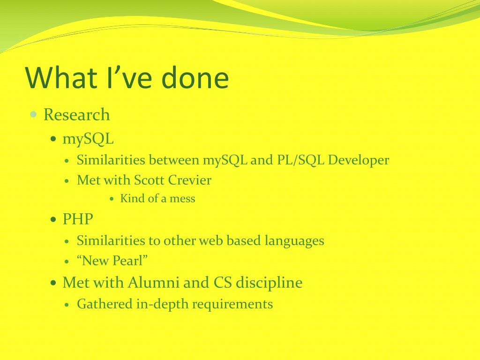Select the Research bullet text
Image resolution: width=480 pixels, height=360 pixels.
[76, 115]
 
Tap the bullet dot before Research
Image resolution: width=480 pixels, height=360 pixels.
[33, 114]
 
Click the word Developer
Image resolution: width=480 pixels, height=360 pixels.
[359, 160]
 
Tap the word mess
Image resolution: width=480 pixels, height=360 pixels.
[182, 199]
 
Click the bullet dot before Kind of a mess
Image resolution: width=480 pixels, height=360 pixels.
[112, 199]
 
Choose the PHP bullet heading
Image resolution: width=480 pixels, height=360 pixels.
[78, 219]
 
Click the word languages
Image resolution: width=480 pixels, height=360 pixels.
[294, 241]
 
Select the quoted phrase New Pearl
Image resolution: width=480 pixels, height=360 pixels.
[112, 261]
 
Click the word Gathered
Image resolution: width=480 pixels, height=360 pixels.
[105, 304]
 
